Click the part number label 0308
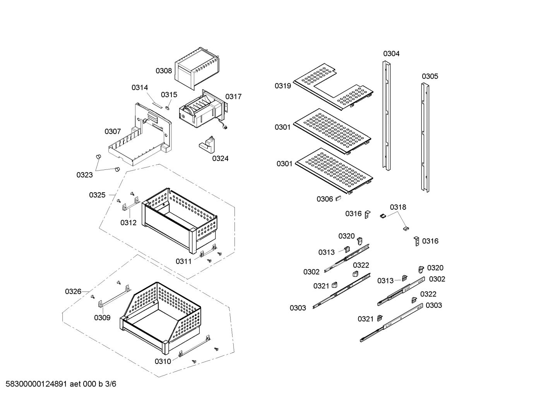pyautogui.click(x=164, y=71)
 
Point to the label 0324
pyautogui.click(x=220, y=158)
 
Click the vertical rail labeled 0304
pyautogui.click(x=386, y=116)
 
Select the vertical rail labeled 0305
pyautogui.click(x=425, y=138)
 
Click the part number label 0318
pyautogui.click(x=398, y=207)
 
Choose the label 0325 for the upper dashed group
pyautogui.click(x=97, y=195)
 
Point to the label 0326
pyautogui.click(x=73, y=291)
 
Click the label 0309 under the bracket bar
pyautogui.click(x=102, y=317)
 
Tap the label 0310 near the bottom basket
pyautogui.click(x=163, y=361)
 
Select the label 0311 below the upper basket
pyautogui.click(x=184, y=261)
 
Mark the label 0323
pyautogui.click(x=84, y=175)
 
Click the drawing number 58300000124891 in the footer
pyautogui.click(x=35, y=384)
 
